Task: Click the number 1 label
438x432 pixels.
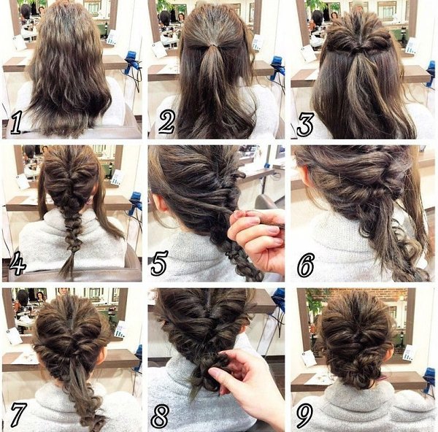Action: coord(15,122)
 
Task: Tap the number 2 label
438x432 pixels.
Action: coord(166,121)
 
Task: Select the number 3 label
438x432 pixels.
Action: coord(305,124)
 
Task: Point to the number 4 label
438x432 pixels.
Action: coord(18,263)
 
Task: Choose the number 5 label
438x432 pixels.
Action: coord(159,263)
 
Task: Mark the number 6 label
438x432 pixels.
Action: coord(306,265)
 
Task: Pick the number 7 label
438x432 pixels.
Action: coord(18,414)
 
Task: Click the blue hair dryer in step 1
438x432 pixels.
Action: coord(132,63)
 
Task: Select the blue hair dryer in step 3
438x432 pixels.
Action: coord(431,73)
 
